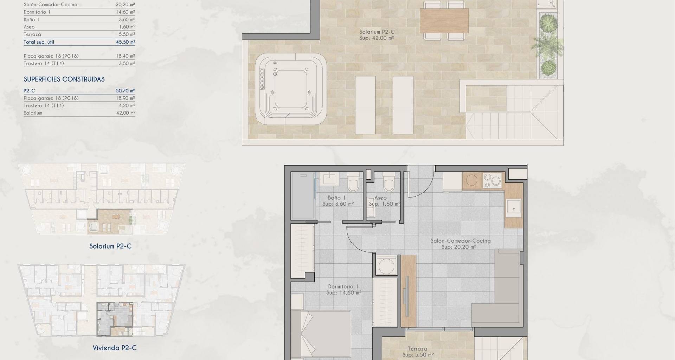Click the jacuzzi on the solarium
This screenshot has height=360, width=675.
(291, 89)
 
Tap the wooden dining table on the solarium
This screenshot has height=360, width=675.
(444, 21)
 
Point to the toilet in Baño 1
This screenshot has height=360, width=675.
(353, 181)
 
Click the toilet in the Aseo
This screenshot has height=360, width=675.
(388, 181)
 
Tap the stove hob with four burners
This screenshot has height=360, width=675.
(492, 181)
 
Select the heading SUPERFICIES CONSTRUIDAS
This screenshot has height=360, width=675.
(64, 79)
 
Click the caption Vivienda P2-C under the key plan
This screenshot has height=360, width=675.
(115, 348)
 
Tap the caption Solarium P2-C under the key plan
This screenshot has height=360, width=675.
(110, 246)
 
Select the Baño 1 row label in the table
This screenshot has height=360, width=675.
(31, 19)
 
